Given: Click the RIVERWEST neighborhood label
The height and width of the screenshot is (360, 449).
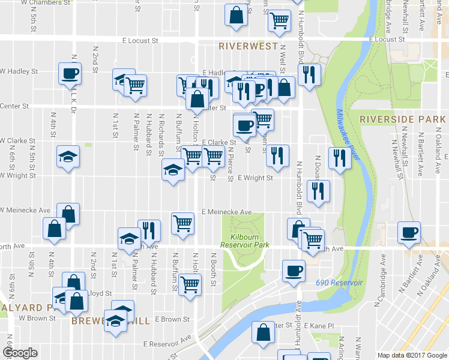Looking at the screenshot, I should (x=248, y=46).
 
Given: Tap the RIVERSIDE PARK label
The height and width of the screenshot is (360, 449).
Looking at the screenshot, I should (x=403, y=119).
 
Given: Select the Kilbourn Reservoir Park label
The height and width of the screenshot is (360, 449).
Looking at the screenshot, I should (x=244, y=241).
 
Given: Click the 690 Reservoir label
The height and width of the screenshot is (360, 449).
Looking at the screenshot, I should (x=339, y=282).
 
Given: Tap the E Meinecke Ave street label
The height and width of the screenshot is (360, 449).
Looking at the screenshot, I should (x=226, y=212).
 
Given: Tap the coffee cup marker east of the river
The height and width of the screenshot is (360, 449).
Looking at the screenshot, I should (x=409, y=232).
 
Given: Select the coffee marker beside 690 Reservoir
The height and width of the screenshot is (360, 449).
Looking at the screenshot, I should (x=294, y=270).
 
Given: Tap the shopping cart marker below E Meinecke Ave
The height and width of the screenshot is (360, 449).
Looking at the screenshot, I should (x=184, y=224).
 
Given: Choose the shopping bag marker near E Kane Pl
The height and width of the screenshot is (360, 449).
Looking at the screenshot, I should (x=264, y=332).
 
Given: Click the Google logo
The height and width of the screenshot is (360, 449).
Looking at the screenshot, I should (x=20, y=353).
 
